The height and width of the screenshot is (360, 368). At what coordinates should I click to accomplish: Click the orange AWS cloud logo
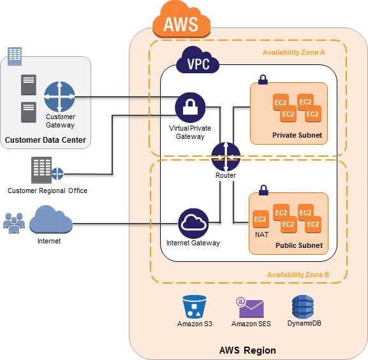click(181, 20)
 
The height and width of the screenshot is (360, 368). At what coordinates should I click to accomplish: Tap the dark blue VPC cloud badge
click(198, 61)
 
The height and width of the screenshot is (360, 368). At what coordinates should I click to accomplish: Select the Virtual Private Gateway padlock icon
click(190, 108)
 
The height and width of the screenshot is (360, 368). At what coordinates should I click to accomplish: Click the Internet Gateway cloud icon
click(193, 224)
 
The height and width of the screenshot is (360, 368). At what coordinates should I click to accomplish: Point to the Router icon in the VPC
click(226, 157)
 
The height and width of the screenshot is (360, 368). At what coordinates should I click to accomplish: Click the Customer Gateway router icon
click(59, 97)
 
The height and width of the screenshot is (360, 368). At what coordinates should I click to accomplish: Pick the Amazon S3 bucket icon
click(195, 307)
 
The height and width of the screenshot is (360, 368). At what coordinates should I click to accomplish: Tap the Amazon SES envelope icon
click(250, 308)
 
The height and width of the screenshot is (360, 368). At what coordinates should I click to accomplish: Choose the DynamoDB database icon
click(303, 306)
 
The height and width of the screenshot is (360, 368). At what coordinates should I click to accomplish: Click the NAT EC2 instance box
click(260, 219)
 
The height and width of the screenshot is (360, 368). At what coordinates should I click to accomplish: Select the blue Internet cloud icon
click(51, 220)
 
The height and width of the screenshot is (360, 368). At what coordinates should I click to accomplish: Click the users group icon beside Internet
click(14, 223)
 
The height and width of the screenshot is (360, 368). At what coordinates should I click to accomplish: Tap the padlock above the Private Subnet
click(263, 80)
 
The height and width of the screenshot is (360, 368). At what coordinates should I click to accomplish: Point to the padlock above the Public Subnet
click(263, 191)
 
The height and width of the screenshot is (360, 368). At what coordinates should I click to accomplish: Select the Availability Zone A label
click(293, 52)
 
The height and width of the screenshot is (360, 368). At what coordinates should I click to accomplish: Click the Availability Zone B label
click(298, 275)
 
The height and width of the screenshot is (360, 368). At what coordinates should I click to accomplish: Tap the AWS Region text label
click(247, 350)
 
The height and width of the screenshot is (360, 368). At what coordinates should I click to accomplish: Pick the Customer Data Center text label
click(45, 140)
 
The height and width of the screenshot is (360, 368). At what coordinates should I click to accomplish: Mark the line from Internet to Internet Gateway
click(126, 224)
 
